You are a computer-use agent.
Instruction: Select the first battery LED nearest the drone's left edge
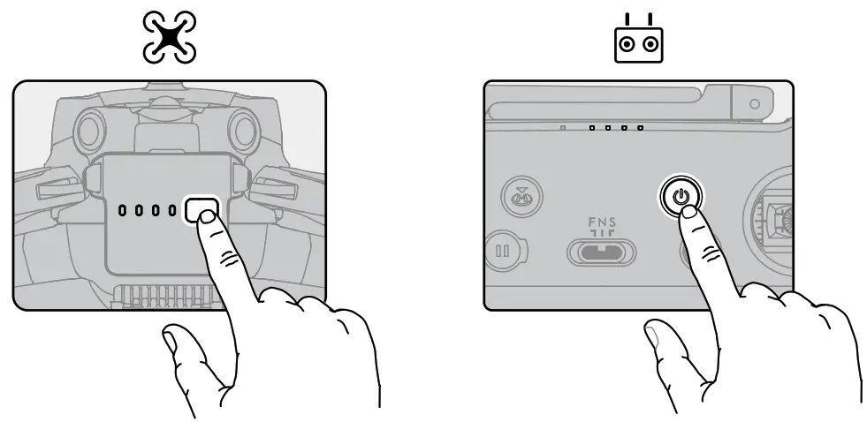(x=124, y=211)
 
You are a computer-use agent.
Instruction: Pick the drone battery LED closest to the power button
(x=172, y=211)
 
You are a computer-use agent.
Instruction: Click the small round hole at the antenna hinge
(x=754, y=103)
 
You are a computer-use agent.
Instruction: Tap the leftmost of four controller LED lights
(x=592, y=128)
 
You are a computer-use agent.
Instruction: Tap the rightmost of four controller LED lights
(x=640, y=128)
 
